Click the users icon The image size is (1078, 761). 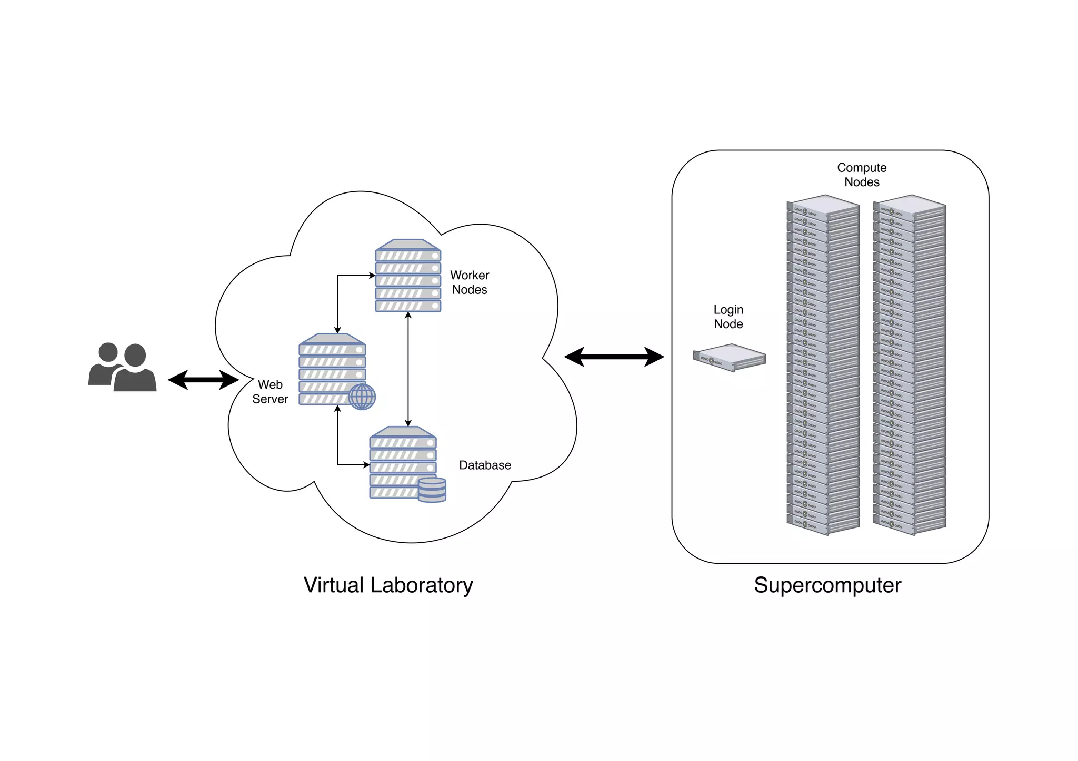click(123, 368)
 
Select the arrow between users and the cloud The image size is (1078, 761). click(203, 380)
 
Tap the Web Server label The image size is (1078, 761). click(270, 392)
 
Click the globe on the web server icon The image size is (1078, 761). click(362, 397)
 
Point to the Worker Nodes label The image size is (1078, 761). click(470, 282)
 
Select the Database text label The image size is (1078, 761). click(485, 465)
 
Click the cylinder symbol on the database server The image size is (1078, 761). click(432, 490)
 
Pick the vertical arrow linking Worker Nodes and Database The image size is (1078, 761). click(408, 368)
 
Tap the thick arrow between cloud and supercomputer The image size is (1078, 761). click(614, 357)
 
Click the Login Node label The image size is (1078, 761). click(728, 317)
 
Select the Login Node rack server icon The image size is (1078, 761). click(730, 358)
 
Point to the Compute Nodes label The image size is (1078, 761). click(862, 175)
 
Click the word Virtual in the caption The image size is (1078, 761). click(334, 585)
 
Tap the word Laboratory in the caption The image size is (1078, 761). click(422, 585)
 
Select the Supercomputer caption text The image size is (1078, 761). click(827, 585)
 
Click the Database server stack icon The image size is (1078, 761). click(403, 463)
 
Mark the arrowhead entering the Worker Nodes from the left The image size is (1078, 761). click(372, 275)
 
